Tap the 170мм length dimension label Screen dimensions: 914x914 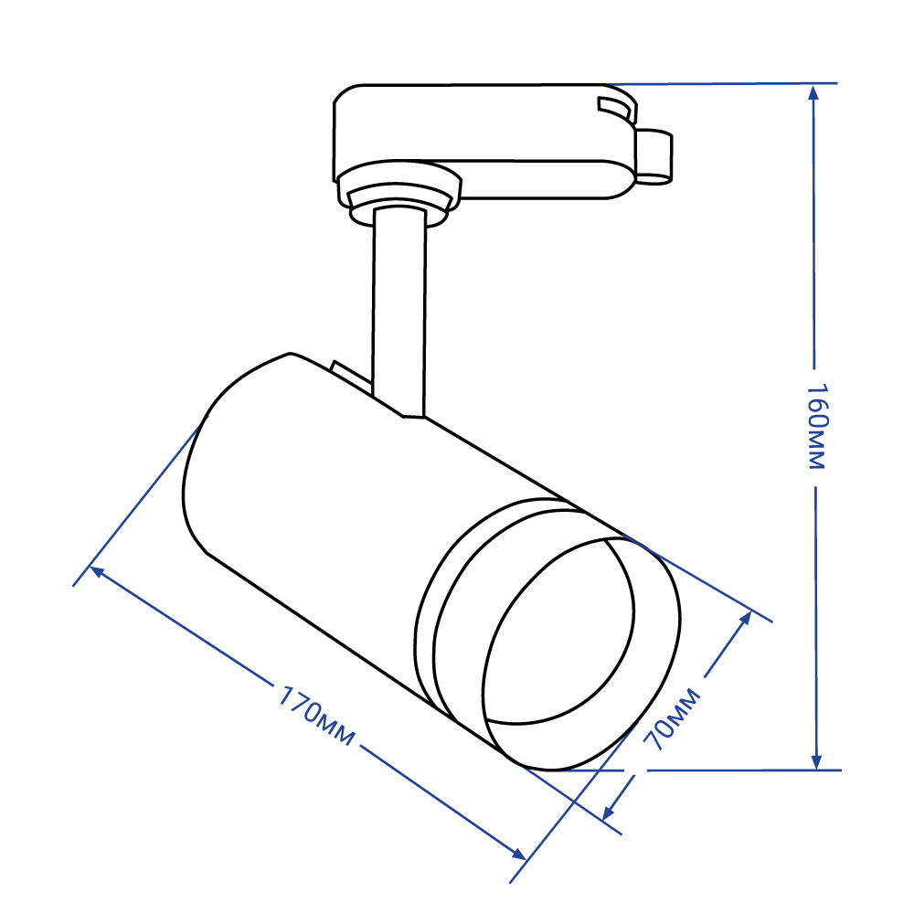315,716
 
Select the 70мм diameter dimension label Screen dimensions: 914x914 672,718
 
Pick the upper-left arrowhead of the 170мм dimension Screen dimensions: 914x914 97,572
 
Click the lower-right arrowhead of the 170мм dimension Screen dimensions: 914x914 519,854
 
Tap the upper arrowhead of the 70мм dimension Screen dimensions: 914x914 746,619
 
